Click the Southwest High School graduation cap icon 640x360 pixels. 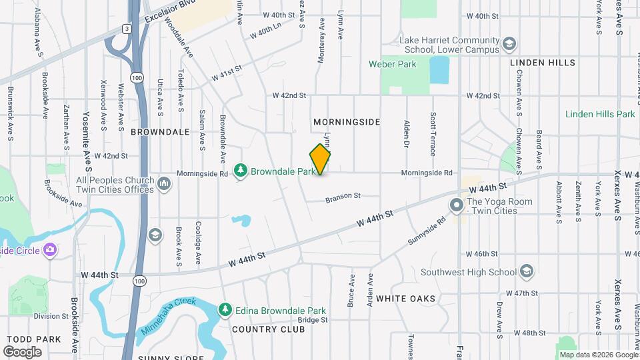(x=527, y=271)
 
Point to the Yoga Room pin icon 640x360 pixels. (x=457, y=205)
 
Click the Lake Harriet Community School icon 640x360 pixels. (x=510, y=44)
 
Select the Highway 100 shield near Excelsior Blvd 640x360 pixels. (x=136, y=78)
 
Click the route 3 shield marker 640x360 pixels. (x=126, y=29)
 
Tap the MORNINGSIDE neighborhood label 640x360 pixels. (x=347, y=122)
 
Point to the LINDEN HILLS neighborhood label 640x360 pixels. (x=542, y=63)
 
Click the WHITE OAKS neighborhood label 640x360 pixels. (x=405, y=299)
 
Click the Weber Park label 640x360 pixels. (x=393, y=65)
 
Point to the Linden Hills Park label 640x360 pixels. (x=600, y=114)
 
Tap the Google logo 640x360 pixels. (x=23, y=351)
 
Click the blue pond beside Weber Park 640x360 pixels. (x=439, y=70)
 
